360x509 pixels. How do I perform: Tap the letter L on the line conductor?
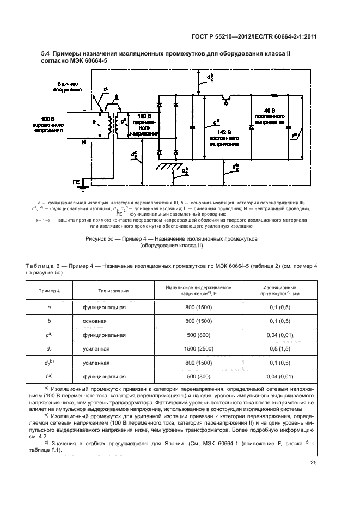coord(83,109)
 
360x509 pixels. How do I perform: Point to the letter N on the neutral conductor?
coord(83,143)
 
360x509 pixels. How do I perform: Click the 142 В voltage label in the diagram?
coord(223,132)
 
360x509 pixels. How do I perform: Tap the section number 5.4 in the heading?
coord(46,54)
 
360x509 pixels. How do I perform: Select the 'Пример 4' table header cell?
coord(50,291)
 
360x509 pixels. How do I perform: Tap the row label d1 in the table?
coord(50,349)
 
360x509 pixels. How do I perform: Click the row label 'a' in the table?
coord(50,308)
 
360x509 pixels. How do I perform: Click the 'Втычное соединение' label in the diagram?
coord(69,87)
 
